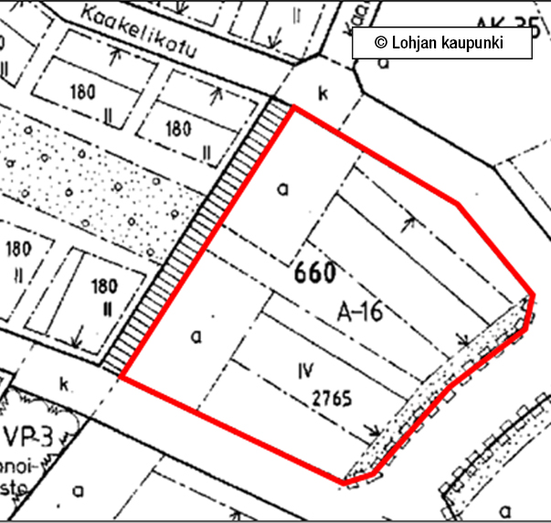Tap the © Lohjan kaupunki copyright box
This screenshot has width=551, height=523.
[x=440, y=43]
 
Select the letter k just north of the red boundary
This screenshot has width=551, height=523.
[x=322, y=92]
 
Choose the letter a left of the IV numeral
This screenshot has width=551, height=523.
[x=195, y=336]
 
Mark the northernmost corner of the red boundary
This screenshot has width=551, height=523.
[x=293, y=107]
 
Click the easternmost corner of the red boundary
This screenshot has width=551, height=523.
[x=533, y=296]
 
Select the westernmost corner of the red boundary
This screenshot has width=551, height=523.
[x=122, y=378]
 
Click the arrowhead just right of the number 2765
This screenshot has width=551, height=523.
[x=373, y=428]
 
